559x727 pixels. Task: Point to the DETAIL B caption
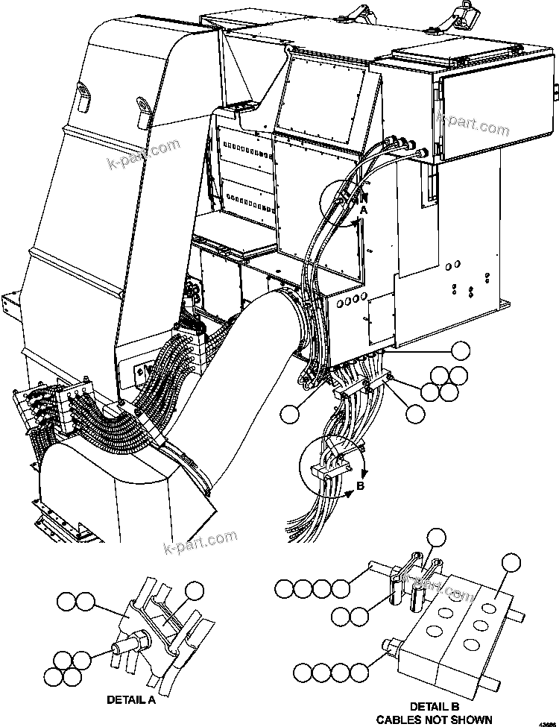(433, 706)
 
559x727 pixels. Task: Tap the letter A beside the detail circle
(364, 211)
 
